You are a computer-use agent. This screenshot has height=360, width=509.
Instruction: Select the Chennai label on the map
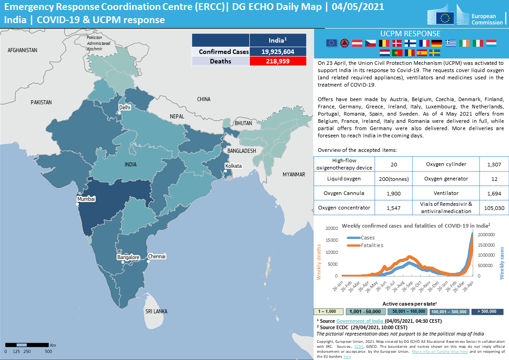coord(157,257)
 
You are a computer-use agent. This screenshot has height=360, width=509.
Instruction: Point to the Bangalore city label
coord(128,258)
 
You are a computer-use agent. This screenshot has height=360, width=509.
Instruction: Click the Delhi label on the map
coord(125,107)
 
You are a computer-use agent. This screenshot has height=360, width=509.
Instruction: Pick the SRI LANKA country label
coord(156,311)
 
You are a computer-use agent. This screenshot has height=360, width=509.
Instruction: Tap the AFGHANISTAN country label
coord(23,50)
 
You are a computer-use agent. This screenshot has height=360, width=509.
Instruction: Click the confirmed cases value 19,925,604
coord(278,52)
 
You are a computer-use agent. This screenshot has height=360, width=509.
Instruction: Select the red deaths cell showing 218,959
coord(278,61)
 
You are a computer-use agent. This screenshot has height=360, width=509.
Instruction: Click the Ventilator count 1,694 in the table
coord(494,193)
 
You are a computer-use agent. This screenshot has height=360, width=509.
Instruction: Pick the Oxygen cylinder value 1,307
coord(494,164)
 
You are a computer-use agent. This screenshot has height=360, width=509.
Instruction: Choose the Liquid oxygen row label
coord(344,179)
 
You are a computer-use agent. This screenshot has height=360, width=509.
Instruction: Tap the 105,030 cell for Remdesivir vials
coord(494,208)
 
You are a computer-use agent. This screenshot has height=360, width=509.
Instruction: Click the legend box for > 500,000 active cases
coord(490,311)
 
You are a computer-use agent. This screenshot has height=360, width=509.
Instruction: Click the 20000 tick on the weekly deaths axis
coord(332,229)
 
